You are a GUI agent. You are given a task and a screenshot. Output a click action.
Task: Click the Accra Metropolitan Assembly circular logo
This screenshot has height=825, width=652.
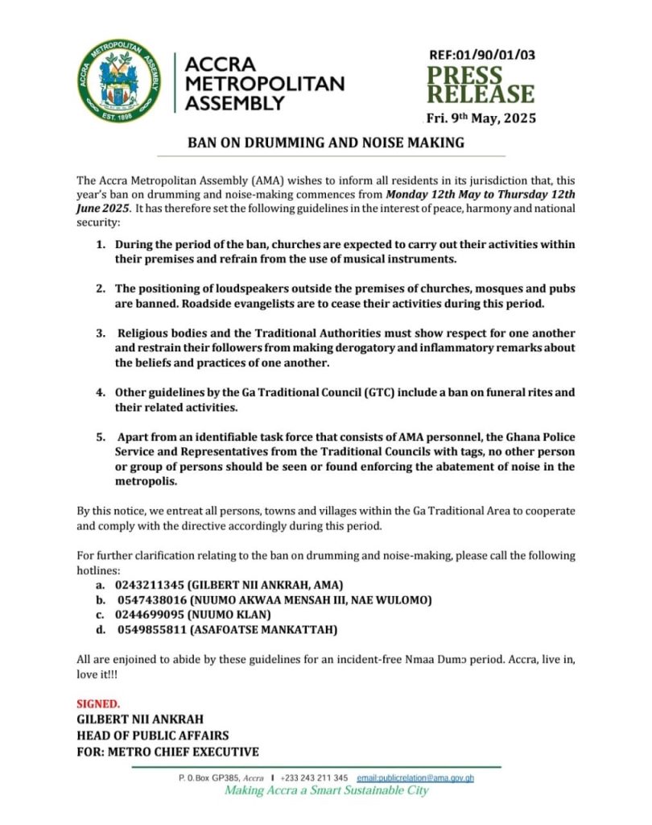tap(119, 81)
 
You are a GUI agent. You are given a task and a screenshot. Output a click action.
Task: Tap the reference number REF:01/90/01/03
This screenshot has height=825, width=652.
tap(482, 56)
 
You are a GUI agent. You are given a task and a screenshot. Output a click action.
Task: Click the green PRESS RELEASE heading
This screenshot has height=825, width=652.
tap(480, 85)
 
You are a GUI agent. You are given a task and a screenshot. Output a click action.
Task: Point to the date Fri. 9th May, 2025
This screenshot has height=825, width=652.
tap(481, 118)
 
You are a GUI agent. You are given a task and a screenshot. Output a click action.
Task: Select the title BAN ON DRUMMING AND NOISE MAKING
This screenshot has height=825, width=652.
tap(326, 143)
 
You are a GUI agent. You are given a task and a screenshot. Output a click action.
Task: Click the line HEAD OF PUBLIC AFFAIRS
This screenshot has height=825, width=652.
tap(153, 735)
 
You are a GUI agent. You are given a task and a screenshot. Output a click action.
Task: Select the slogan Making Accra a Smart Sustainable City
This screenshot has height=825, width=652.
tap(326, 791)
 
